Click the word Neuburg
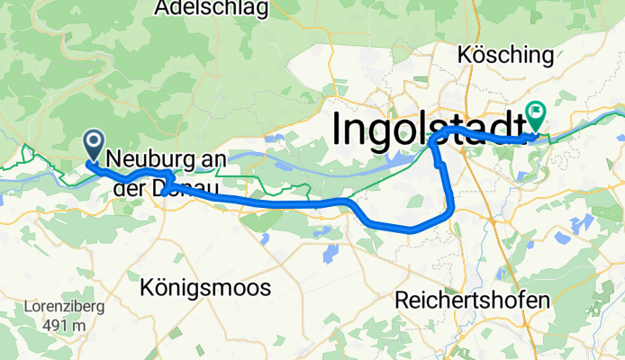tap(151, 160)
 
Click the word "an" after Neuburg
tap(213, 160)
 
